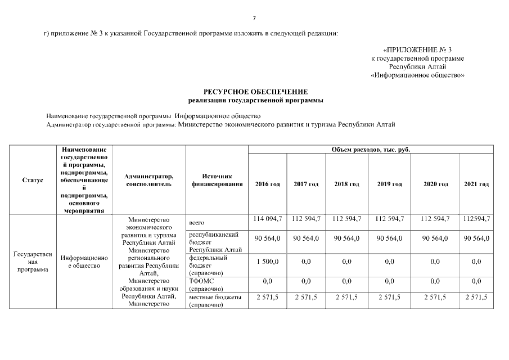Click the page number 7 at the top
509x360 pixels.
click(x=254, y=18)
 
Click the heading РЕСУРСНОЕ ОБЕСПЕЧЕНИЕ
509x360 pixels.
click(x=255, y=91)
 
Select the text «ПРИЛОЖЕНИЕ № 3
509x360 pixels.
click(x=417, y=50)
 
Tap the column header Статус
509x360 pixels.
click(x=32, y=180)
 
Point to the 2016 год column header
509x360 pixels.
click(x=267, y=184)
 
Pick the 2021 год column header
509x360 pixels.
click(x=476, y=184)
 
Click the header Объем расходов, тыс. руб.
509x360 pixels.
click(x=371, y=150)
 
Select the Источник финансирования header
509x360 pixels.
click(x=217, y=180)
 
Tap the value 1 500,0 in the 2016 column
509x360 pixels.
click(x=267, y=262)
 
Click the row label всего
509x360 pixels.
click(x=197, y=223)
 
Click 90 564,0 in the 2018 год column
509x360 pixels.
click(x=346, y=238)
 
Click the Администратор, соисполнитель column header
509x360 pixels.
click(x=148, y=180)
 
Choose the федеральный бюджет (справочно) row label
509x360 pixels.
click(x=208, y=265)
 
